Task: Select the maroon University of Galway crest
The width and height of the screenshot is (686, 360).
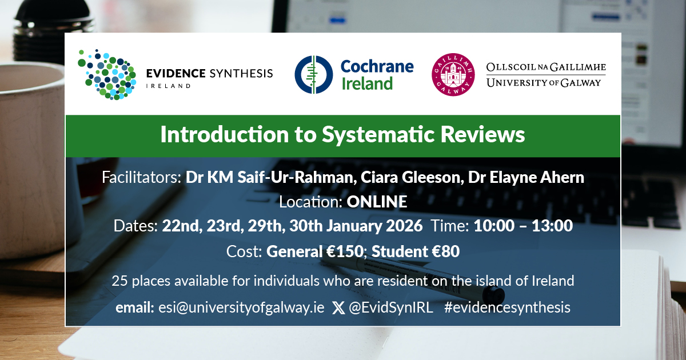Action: coord(452,75)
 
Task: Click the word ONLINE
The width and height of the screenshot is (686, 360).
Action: coord(377,202)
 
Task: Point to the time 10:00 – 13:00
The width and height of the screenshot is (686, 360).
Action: coord(523,226)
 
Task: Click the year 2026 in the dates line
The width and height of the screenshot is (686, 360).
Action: coord(404,226)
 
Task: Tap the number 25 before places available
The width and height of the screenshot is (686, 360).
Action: coord(119,281)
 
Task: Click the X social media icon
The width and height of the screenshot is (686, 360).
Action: coord(338,308)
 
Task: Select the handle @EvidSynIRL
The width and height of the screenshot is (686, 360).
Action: coord(392,307)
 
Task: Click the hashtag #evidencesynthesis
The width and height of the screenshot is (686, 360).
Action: coord(507,307)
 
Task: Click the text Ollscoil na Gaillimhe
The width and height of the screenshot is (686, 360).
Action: coord(545,68)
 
